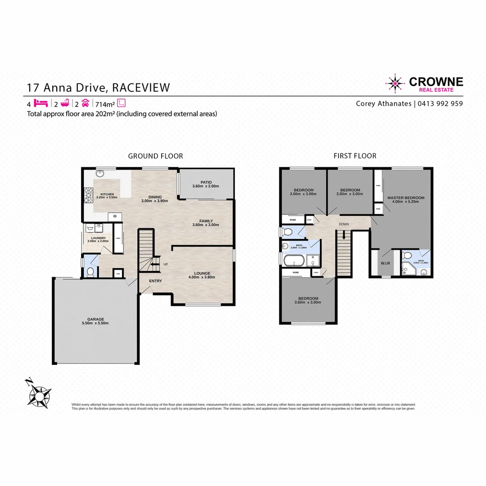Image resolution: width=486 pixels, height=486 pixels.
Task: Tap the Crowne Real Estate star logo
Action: tap(395, 83)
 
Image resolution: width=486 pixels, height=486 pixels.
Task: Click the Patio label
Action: tap(207, 182)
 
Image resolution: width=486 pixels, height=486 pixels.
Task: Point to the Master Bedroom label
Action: tap(405, 198)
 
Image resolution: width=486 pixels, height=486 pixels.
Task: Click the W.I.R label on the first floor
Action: tap(385, 264)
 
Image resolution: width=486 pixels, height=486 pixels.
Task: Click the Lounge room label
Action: tap(202, 273)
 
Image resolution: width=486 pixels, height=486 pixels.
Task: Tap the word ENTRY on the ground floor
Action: tap(155, 281)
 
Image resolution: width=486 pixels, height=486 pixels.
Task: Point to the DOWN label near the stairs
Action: tap(344, 224)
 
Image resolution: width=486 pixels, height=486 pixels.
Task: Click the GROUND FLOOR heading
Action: tap(155, 156)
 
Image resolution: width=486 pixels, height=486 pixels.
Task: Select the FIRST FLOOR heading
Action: tap(355, 156)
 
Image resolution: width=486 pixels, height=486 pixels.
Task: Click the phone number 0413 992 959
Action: tap(441, 103)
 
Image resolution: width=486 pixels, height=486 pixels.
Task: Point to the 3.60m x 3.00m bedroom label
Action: tap(308, 301)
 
